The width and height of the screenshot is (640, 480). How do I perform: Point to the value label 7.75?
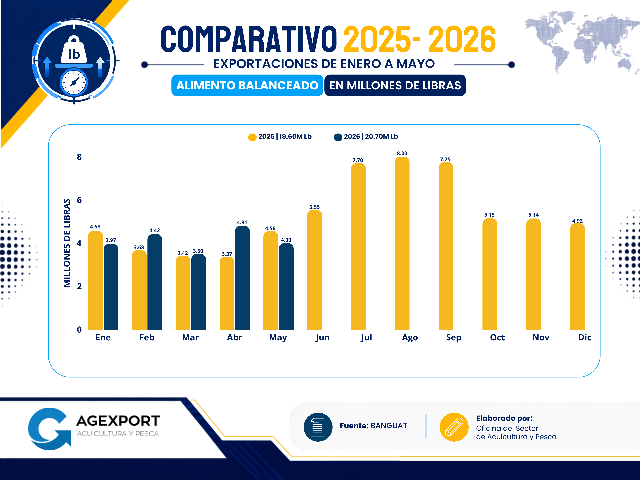tap(445, 159)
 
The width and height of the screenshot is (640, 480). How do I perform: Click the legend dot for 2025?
tap(252, 137)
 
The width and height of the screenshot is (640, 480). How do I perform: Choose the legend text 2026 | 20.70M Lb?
tap(371, 137)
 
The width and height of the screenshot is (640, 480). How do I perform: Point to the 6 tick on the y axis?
tap(79, 200)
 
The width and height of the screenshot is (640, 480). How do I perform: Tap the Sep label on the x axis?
tap(453, 338)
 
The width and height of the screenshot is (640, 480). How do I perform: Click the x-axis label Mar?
tap(190, 337)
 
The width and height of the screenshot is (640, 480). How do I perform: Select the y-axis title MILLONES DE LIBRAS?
tap(67, 243)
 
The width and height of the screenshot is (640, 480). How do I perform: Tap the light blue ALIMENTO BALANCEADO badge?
tap(247, 85)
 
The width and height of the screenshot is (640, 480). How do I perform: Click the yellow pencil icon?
tap(454, 427)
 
